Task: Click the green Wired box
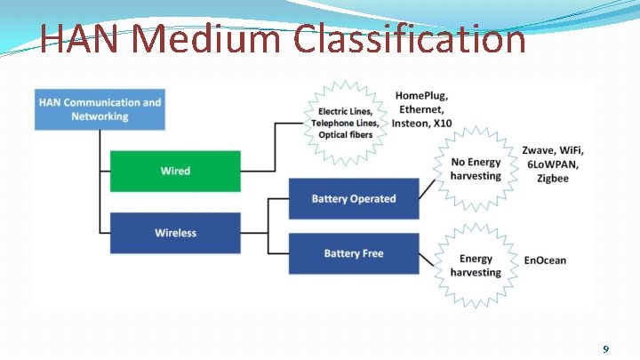tap(175, 171)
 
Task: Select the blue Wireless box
tap(175, 233)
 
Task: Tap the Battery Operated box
tap(353, 198)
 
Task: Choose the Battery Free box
tap(353, 253)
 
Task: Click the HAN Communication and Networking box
tap(100, 109)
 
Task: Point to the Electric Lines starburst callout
tap(346, 123)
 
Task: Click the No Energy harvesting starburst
tap(476, 169)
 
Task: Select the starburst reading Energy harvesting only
tap(476, 266)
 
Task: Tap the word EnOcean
tap(545, 260)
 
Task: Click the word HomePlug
tap(421, 95)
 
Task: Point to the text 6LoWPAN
tap(551, 164)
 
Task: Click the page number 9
tap(605, 349)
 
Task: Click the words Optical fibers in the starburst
tap(346, 135)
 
